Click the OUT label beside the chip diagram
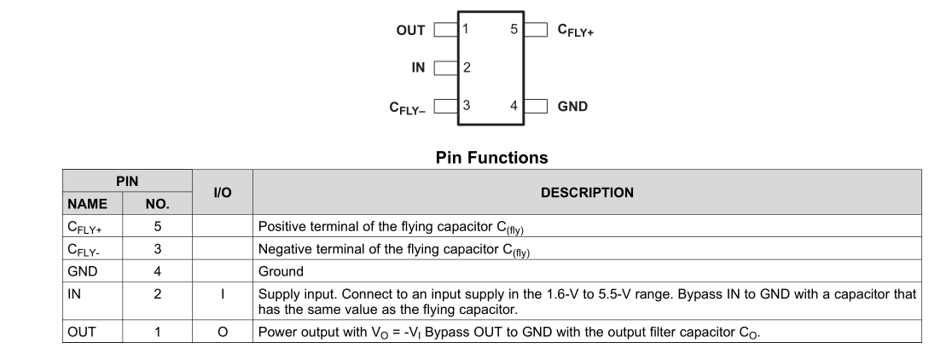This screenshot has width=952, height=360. click(x=410, y=30)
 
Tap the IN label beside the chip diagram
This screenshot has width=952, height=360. click(x=418, y=67)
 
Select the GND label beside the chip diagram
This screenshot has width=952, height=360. click(x=572, y=107)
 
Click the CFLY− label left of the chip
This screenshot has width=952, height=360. click(x=407, y=107)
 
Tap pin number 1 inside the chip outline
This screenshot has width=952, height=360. click(x=465, y=29)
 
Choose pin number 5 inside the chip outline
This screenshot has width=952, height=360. click(x=514, y=29)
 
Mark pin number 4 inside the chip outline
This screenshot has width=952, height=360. click(x=514, y=106)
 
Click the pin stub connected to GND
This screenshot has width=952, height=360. click(x=535, y=107)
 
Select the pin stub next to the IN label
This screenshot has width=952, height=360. click(x=444, y=67)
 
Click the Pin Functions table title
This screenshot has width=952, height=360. click(x=491, y=158)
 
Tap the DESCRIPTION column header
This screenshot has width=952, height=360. click(x=587, y=193)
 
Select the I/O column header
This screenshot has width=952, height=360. click(x=222, y=193)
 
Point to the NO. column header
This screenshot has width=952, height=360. click(x=157, y=205)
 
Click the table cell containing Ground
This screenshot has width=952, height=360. click(x=281, y=272)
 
